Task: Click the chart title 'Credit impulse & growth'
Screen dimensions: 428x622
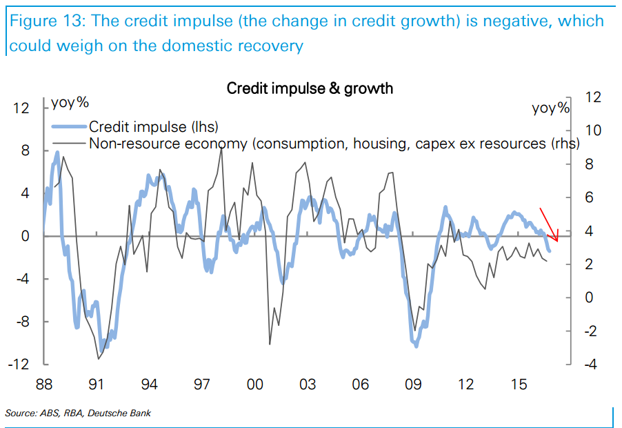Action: tap(310, 88)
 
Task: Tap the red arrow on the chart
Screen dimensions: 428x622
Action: tap(549, 224)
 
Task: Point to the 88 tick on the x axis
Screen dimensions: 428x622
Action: tap(45, 383)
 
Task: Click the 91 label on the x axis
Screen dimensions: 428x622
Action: tap(97, 383)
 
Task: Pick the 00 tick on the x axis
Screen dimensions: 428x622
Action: tap(254, 383)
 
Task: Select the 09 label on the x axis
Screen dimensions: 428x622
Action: tap(413, 383)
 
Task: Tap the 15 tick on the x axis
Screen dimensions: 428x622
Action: tap(519, 383)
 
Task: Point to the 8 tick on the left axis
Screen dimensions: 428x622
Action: tap(26, 150)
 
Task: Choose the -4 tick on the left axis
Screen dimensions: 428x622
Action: tap(23, 279)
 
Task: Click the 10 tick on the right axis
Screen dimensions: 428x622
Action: tap(592, 130)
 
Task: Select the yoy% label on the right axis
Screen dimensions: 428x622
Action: tap(551, 108)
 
